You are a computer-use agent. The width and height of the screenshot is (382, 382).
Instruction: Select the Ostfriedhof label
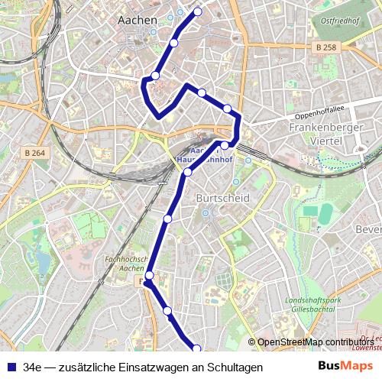[339, 21]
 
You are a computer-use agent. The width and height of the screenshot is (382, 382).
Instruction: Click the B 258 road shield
[325, 47]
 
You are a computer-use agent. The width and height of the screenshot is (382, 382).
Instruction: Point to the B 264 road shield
[34, 153]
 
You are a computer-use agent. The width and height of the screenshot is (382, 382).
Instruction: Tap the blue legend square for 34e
[11, 367]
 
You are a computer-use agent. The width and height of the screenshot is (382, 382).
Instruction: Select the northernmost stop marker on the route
[198, 11]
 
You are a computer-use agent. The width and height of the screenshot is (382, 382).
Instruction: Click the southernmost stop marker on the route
[196, 349]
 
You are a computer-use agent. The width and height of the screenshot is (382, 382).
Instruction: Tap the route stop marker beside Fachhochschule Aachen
[150, 276]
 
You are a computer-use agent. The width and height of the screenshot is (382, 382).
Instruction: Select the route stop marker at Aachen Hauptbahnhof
[225, 145]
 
